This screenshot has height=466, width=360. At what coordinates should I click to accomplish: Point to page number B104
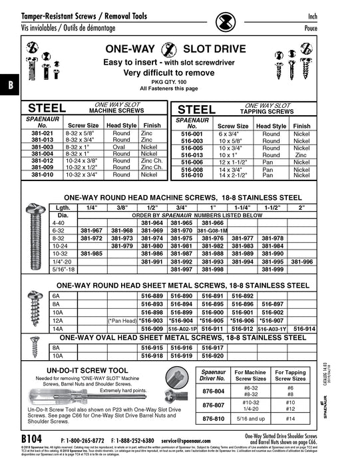(x=32, y=440)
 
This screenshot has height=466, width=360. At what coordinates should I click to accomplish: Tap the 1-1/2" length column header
(x=273, y=208)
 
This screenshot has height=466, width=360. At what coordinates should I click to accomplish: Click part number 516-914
(x=304, y=329)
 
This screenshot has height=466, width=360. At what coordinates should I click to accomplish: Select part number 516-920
(x=212, y=356)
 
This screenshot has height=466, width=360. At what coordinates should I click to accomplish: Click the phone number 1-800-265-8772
(x=83, y=441)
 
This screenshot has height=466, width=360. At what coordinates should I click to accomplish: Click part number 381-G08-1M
(x=212, y=230)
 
